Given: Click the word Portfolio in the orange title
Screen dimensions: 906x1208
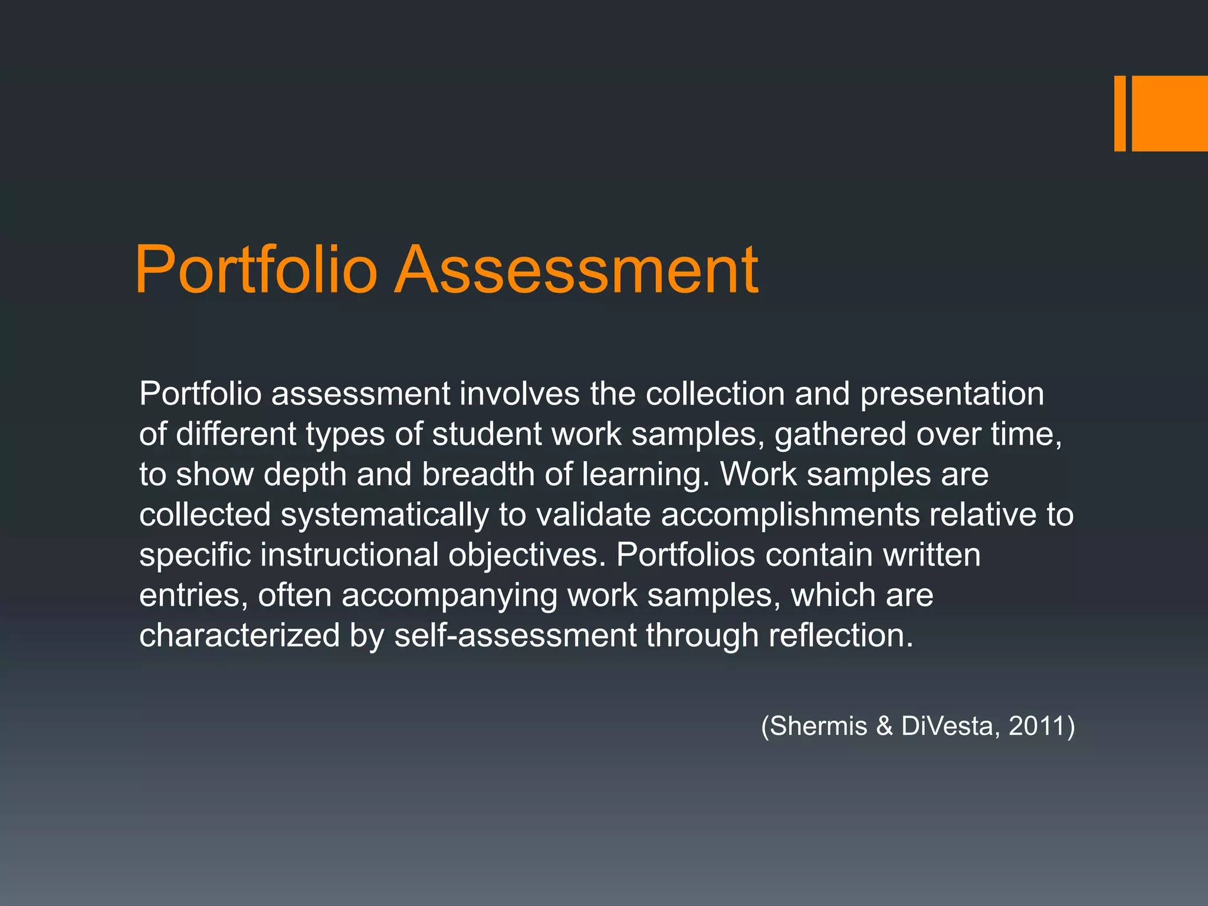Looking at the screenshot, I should click(x=255, y=270).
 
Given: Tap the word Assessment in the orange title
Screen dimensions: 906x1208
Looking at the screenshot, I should click(x=576, y=270).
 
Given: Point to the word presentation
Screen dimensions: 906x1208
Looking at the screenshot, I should click(x=952, y=395).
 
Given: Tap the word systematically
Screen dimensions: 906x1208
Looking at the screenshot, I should click(x=385, y=515).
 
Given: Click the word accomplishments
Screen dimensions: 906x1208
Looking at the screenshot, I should click(x=790, y=515).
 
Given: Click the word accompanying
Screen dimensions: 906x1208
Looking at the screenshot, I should click(x=449, y=596).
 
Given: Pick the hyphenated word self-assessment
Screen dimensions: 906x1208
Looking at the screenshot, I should click(x=515, y=635).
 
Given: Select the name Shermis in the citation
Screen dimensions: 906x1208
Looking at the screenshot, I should click(x=819, y=726).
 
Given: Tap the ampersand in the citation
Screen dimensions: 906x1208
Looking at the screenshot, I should click(x=884, y=726).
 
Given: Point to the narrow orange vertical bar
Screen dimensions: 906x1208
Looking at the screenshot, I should click(x=1120, y=113).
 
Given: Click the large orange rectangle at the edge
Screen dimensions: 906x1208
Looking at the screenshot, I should click(x=1170, y=113).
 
